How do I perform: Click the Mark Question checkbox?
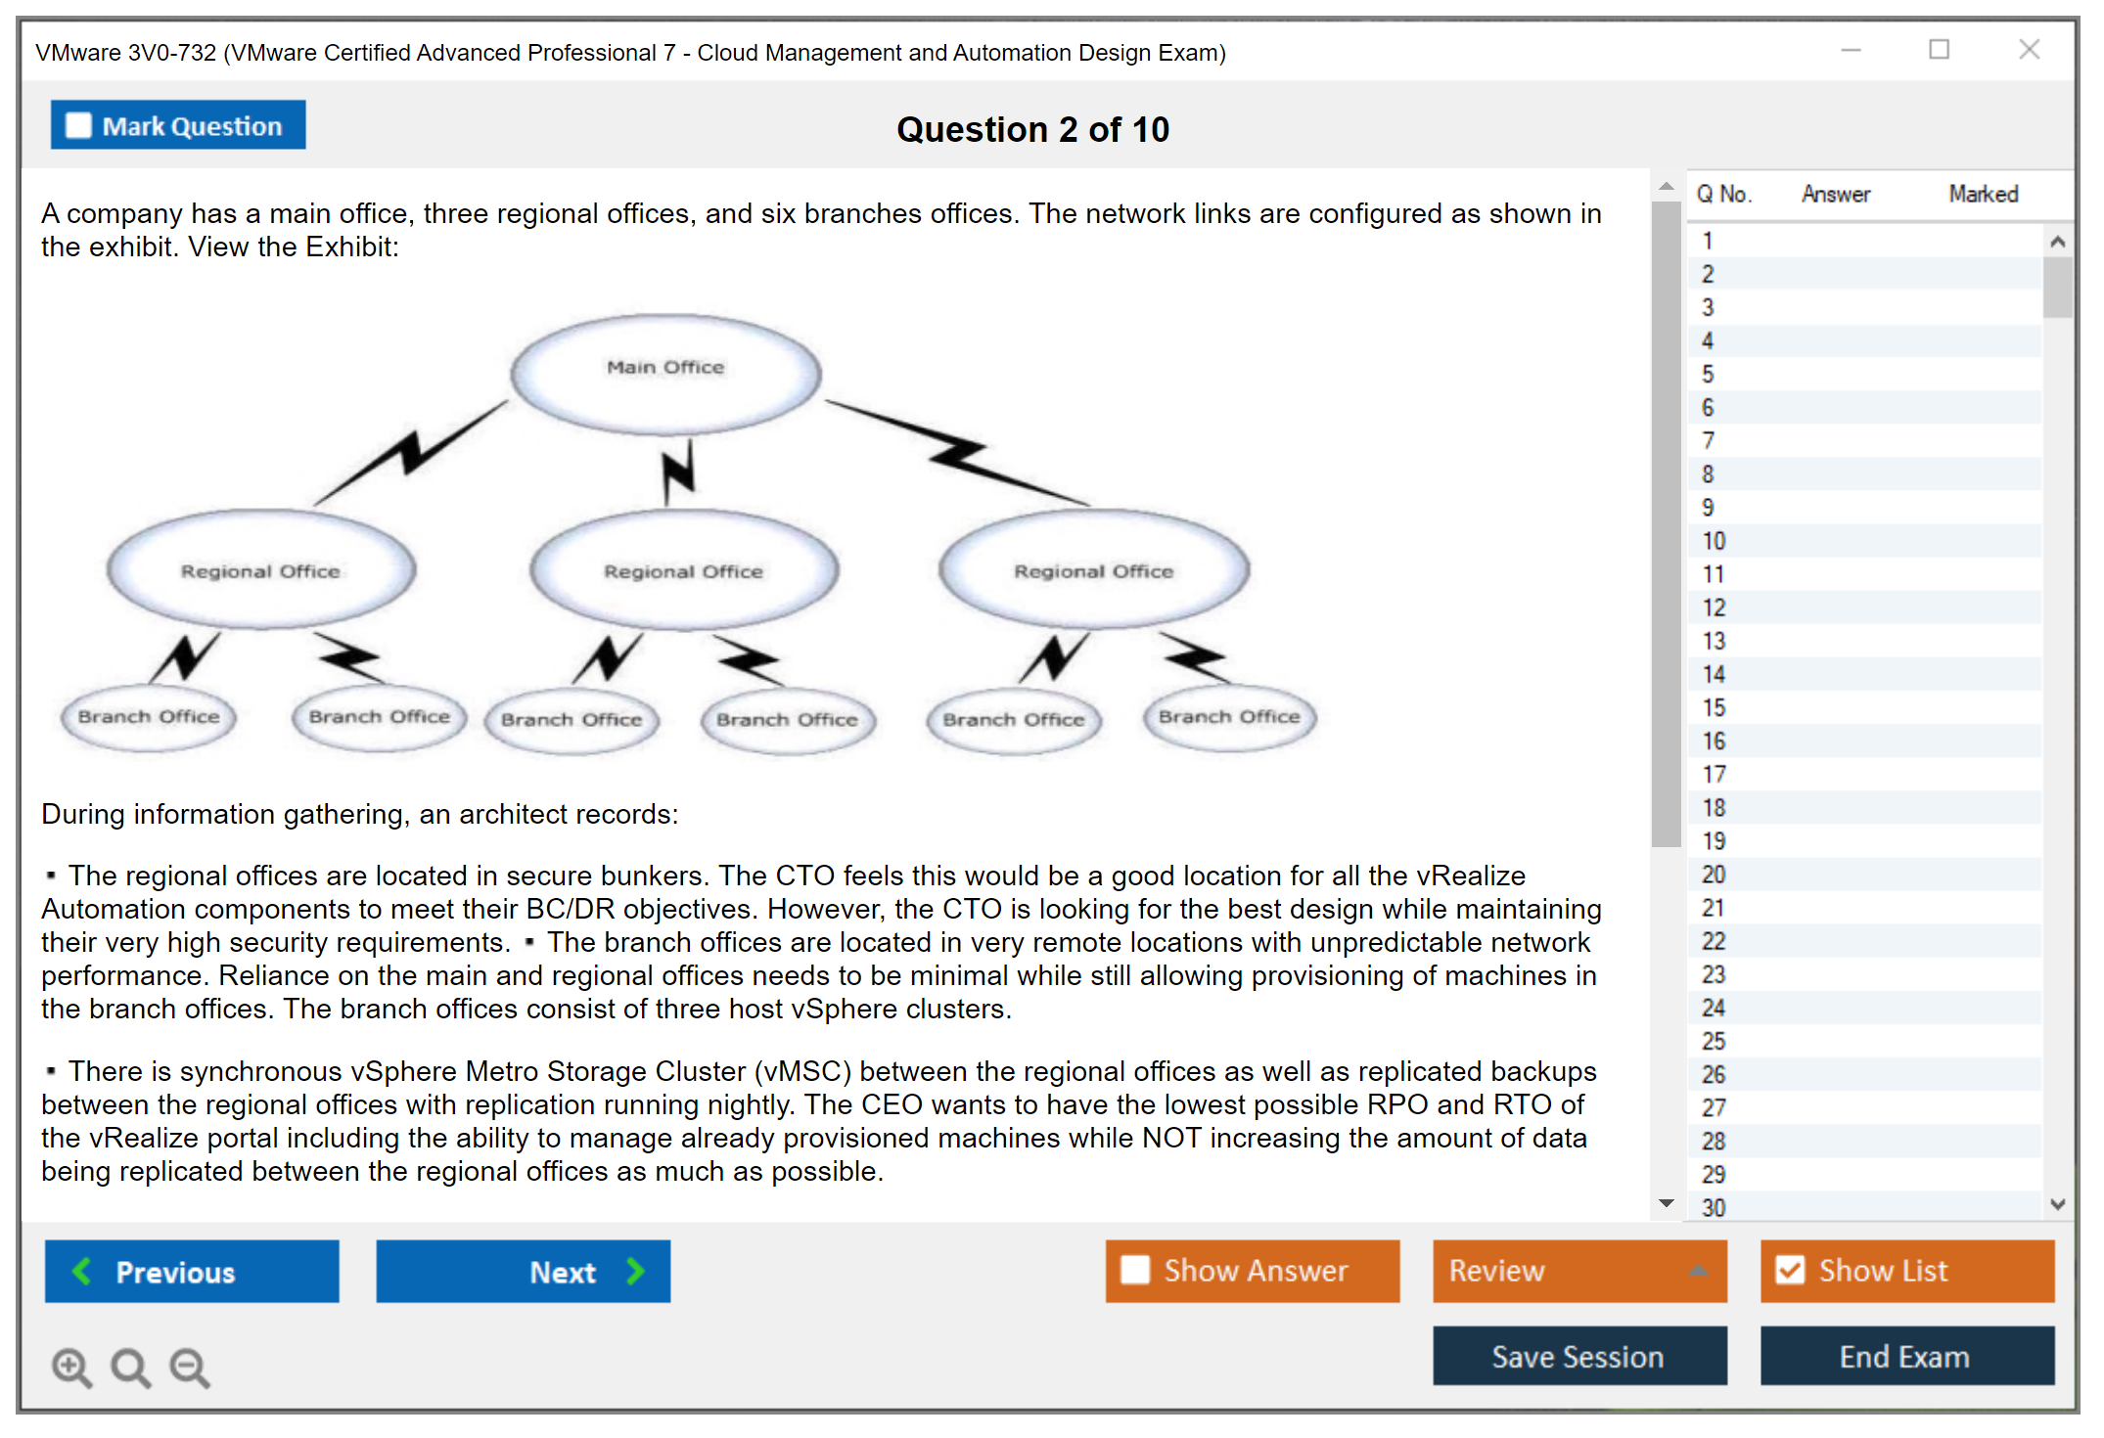(x=78, y=126)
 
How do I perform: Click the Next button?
(x=523, y=1271)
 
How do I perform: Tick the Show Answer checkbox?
(x=1135, y=1270)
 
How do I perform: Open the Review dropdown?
(x=1578, y=1271)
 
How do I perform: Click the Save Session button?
(x=1578, y=1356)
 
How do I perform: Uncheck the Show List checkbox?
(x=1790, y=1270)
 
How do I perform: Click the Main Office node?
(x=665, y=372)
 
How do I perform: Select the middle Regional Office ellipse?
(x=683, y=570)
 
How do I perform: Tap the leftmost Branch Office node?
(x=149, y=717)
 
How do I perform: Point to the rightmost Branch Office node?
(x=1229, y=717)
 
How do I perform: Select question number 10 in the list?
(x=1714, y=541)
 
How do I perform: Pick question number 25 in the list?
(x=1714, y=1041)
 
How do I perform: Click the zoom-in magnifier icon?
(x=71, y=1368)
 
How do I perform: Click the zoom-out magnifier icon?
(x=190, y=1368)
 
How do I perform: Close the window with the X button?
(x=2029, y=50)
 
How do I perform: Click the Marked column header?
(x=1983, y=194)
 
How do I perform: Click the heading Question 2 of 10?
(x=1032, y=129)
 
